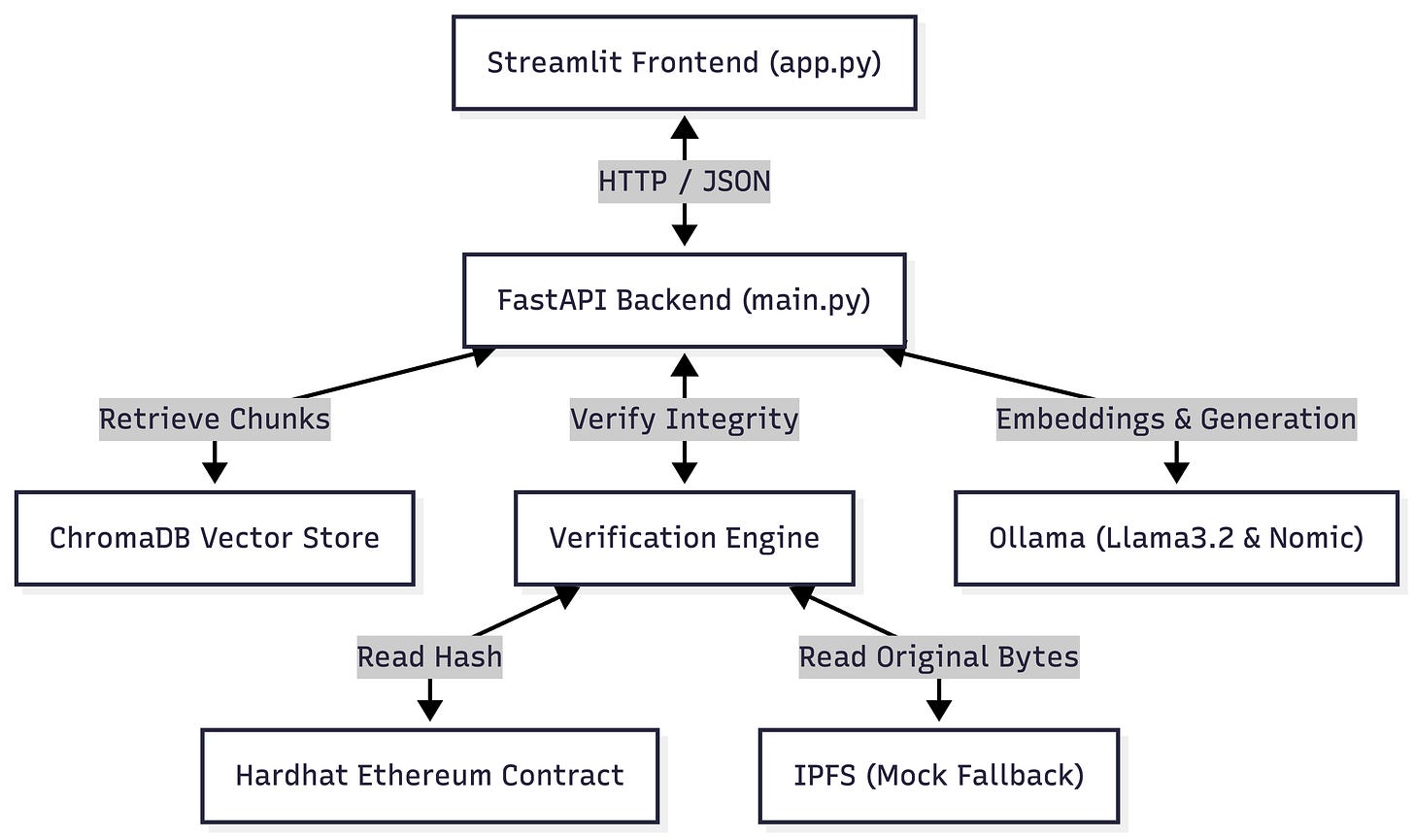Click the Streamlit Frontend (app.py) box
tap(685, 63)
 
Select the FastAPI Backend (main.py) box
tap(685, 300)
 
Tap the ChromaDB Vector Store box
tap(215, 539)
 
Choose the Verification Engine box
tap(685, 539)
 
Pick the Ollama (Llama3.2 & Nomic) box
tap(1176, 539)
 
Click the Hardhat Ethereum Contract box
tap(430, 776)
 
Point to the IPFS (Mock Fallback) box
tap(939, 776)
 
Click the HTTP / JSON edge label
tap(685, 182)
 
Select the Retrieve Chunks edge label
tap(215, 419)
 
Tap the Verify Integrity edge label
tap(685, 419)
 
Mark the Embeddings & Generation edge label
tap(1176, 419)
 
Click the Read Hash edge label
tap(430, 657)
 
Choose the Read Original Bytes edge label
tap(939, 657)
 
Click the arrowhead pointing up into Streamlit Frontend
tap(685, 127)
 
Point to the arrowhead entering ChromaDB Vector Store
tap(215, 472)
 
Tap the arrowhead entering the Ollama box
tap(1176, 472)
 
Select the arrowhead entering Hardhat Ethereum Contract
tap(430, 710)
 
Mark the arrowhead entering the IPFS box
tap(939, 710)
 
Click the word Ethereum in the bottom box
tap(424, 776)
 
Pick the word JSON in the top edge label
tap(736, 182)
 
